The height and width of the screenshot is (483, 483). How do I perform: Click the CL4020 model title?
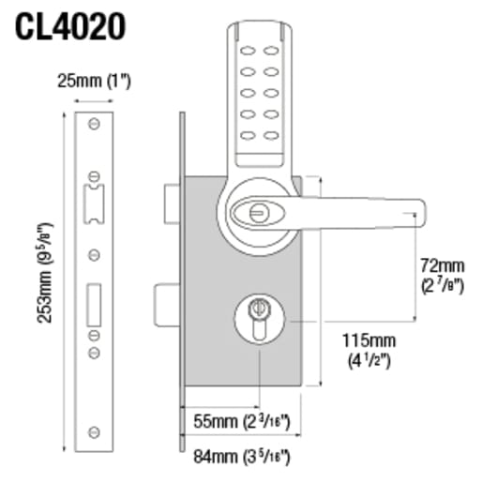69,24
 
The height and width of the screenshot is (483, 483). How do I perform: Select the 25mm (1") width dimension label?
96,81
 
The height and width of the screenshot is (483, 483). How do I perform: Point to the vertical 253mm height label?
43,273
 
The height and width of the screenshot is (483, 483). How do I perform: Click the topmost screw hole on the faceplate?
95,125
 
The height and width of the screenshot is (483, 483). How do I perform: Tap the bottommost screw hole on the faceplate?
95,430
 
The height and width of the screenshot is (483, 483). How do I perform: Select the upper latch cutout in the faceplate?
95,203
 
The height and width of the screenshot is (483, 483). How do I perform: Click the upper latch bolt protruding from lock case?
171,198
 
